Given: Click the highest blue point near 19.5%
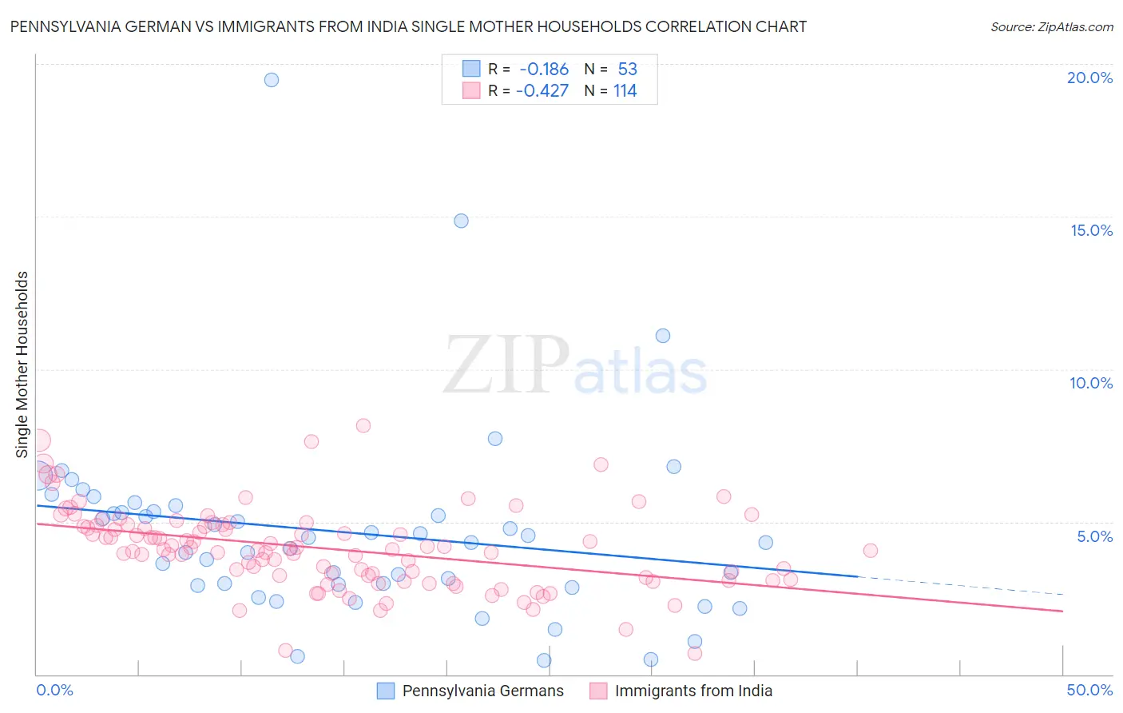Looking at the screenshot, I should tap(272, 80).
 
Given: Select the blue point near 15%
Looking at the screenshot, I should tap(461, 221).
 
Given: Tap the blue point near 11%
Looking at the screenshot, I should tap(663, 336).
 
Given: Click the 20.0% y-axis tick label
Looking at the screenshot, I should tap(1089, 78).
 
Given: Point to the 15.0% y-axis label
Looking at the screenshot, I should tap(1091, 230).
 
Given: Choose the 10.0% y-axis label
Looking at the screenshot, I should tap(1091, 383).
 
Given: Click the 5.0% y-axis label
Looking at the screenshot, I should tap(1094, 536).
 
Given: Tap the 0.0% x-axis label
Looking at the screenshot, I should tap(54, 690).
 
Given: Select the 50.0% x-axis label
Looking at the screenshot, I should tap(1089, 690).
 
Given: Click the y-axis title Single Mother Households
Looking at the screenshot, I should tap(22, 364).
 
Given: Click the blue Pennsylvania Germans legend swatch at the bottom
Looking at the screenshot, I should tap(386, 691).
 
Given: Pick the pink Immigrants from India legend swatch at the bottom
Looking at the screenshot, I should tap(598, 691).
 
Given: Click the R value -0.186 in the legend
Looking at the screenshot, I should tap(544, 70).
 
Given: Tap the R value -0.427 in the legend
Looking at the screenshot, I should tap(542, 90).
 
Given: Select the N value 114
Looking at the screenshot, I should tap(625, 90).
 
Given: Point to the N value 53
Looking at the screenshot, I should tap(627, 70).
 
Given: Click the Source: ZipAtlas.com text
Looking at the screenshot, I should tap(1051, 27).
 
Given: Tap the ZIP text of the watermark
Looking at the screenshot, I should tap(506, 365).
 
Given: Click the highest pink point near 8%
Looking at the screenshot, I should tap(363, 425).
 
